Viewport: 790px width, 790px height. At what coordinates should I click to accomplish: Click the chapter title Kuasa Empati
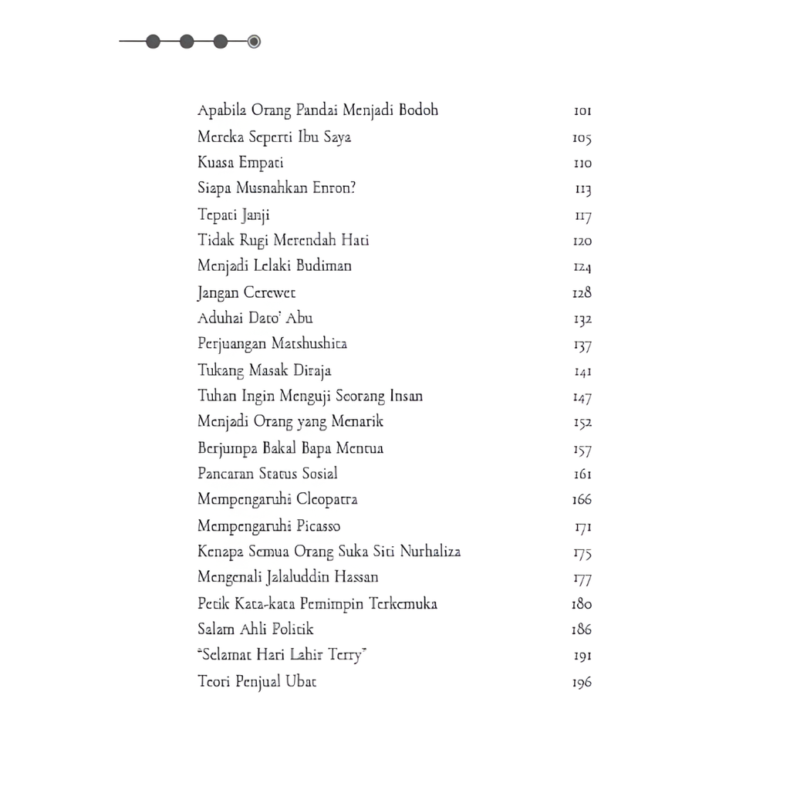click(x=240, y=163)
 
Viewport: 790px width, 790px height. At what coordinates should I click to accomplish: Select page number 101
click(x=582, y=111)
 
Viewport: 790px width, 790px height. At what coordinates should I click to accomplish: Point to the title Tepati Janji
click(x=234, y=215)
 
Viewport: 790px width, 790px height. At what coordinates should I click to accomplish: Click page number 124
click(x=582, y=267)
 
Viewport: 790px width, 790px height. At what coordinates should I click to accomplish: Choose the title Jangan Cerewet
click(x=246, y=292)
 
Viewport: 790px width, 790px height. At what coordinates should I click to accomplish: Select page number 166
click(x=582, y=500)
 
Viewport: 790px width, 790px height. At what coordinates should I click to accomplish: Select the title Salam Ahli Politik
click(x=255, y=630)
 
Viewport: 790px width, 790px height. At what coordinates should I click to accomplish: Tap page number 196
click(x=582, y=683)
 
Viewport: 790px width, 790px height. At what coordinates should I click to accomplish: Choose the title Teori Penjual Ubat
click(x=257, y=682)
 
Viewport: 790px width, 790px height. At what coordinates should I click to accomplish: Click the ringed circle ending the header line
click(x=254, y=42)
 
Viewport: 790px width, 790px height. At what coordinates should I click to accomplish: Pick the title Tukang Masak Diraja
click(x=265, y=370)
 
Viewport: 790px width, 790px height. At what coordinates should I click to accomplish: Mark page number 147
click(x=582, y=397)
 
